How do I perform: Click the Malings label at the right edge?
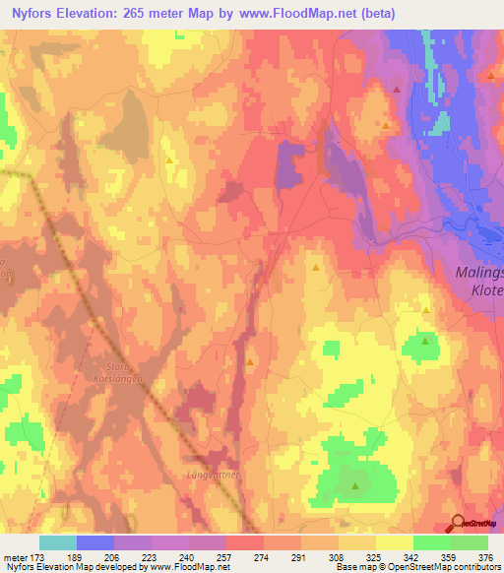click(x=479, y=273)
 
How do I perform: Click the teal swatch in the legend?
click(x=58, y=542)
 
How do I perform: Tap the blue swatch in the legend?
click(x=95, y=542)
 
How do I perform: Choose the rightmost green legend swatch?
click(x=469, y=542)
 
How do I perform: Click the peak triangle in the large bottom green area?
click(x=355, y=485)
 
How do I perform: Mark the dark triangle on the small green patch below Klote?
click(x=425, y=342)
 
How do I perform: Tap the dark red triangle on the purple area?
click(x=397, y=90)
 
